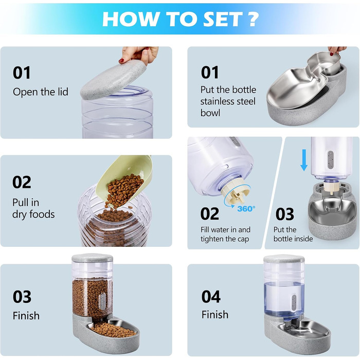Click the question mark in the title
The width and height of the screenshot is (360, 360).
253,19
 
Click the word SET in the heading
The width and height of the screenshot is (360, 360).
223,19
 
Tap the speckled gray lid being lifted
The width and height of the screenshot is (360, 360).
113,79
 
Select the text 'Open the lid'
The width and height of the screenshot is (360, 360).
41,92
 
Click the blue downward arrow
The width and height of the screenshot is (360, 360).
304,160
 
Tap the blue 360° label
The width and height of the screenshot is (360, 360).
246,209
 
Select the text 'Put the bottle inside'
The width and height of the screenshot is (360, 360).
293,234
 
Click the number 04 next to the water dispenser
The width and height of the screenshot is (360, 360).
211,296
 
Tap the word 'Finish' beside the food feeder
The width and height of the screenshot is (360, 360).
26,316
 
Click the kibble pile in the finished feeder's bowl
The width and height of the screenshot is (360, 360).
113,330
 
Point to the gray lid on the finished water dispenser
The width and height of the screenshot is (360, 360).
284,259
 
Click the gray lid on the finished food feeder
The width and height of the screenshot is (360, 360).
92,258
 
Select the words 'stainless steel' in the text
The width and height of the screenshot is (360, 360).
228,101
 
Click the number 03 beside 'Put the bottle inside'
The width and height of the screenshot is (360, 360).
285,214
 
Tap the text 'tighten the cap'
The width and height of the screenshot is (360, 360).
225,239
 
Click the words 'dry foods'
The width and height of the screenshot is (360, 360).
33,214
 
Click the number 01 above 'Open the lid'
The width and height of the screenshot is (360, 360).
22,73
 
